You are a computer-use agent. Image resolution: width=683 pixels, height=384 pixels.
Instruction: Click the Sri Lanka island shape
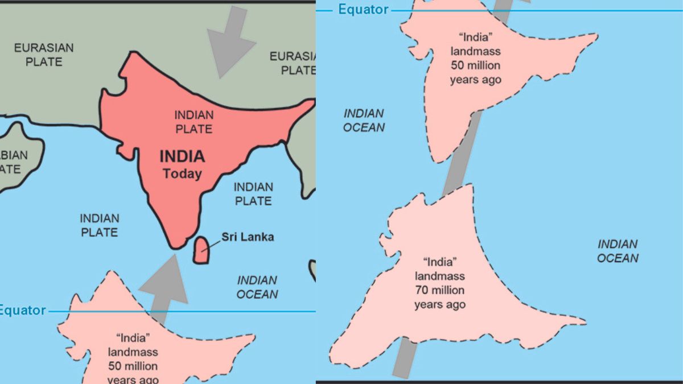200,250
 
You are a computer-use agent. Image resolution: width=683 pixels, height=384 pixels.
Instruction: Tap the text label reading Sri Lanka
247,237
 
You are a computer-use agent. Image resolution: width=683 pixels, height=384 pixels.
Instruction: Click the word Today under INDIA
182,174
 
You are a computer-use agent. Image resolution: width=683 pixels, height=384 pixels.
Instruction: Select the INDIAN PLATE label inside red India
194,122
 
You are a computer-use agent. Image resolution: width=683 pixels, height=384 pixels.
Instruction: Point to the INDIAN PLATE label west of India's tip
99,225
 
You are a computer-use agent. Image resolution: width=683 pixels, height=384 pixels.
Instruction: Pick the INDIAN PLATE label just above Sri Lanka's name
253,193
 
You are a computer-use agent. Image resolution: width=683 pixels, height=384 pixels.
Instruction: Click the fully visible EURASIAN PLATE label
44,54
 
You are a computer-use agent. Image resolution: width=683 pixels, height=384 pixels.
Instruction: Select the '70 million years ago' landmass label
439,283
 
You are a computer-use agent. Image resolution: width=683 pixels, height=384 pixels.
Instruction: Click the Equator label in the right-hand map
363,9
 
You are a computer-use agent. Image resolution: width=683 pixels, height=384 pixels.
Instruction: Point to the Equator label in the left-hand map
22,310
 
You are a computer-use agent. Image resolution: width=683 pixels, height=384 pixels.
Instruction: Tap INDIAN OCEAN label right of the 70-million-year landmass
618,251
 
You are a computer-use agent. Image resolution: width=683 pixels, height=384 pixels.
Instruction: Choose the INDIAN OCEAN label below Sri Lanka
257,287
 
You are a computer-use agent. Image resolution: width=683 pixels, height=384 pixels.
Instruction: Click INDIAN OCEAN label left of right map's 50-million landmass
364,120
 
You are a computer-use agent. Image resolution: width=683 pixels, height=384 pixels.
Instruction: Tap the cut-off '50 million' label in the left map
133,359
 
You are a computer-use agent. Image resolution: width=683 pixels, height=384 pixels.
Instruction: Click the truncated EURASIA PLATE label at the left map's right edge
293,63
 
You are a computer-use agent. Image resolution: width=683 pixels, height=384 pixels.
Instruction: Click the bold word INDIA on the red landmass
182,156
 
